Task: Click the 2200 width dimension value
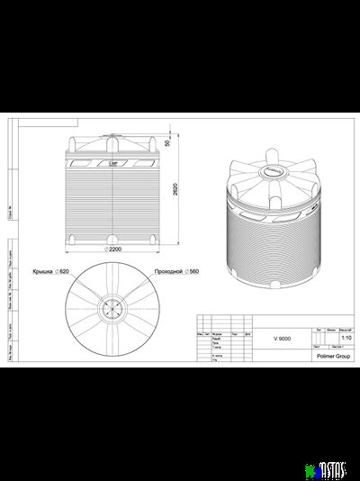pyautogui.click(x=114, y=249)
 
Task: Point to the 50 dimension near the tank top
pyautogui.click(x=166, y=142)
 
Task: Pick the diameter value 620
pyautogui.click(x=63, y=270)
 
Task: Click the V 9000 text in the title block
pyautogui.click(x=283, y=337)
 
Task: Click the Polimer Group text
pyautogui.click(x=333, y=356)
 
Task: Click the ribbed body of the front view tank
pyautogui.click(x=114, y=203)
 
